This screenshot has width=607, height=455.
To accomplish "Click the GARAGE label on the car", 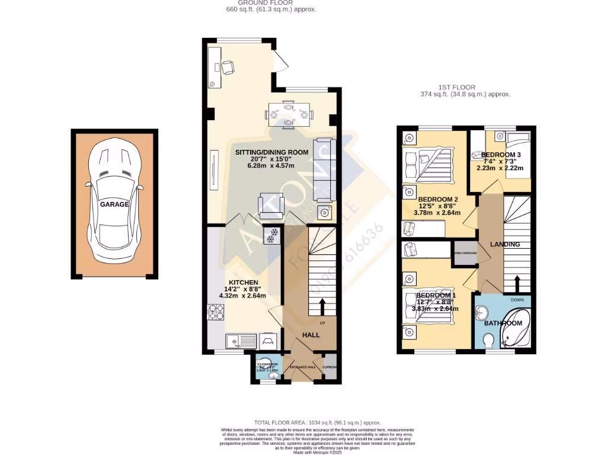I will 114,204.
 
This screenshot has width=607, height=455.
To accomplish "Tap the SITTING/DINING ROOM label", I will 272,152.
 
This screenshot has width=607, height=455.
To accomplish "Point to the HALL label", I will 311,335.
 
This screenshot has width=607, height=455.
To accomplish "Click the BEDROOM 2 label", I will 438,199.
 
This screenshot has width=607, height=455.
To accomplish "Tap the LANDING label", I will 505,244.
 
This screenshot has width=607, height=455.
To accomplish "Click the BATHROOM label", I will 503,323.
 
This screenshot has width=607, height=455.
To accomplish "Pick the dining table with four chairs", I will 289,114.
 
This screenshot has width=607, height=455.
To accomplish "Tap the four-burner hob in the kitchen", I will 216,312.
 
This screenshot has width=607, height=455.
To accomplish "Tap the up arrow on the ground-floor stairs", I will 322,307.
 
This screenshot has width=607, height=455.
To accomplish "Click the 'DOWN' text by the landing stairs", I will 517,300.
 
